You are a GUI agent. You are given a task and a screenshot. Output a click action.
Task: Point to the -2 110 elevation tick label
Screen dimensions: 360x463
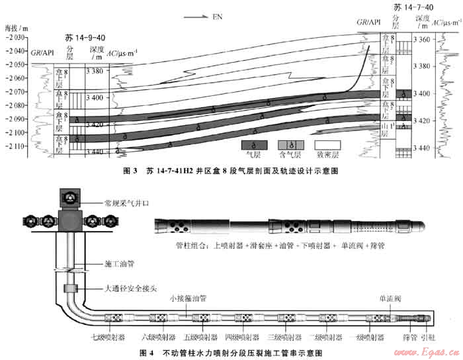click(15, 146)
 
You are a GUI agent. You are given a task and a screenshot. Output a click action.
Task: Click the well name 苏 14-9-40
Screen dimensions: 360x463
click(85, 38)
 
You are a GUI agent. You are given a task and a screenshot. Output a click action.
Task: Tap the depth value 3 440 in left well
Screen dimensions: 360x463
click(95, 152)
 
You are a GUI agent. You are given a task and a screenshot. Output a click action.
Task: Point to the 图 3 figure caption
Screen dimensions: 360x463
click(231, 171)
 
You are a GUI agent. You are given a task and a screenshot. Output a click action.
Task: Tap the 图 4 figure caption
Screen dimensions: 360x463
click(231, 351)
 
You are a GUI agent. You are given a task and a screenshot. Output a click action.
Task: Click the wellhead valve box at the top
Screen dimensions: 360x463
click(68, 198)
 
